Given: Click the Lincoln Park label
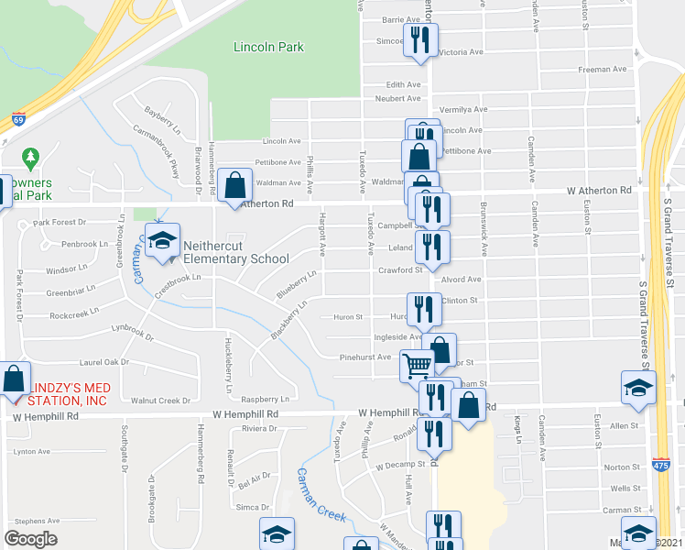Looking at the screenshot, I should (x=268, y=47).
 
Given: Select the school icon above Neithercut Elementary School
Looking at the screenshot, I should (x=163, y=242).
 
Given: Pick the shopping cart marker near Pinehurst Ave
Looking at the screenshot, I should (x=418, y=366).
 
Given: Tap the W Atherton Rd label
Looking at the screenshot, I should (x=600, y=191).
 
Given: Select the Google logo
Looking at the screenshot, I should (x=30, y=538).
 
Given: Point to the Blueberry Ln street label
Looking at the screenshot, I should (x=297, y=284).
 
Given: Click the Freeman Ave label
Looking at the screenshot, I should (x=603, y=70).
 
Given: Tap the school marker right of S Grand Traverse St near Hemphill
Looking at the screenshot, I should (x=638, y=388).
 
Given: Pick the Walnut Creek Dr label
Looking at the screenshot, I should (x=160, y=401).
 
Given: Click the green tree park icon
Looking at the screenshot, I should (x=31, y=158).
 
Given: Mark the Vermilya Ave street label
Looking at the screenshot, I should (x=463, y=109).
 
